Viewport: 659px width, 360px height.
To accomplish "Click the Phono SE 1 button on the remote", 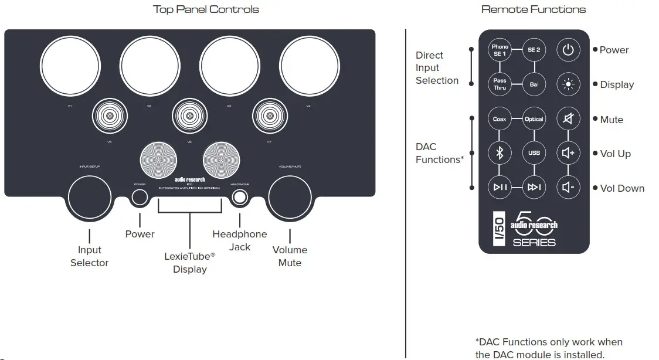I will pyautogui.click(x=500, y=50).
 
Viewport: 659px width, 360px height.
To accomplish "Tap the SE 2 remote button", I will pyautogui.click(x=534, y=50).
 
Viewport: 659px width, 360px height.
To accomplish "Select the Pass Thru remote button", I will pyautogui.click(x=500, y=84).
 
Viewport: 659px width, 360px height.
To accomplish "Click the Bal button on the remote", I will pyautogui.click(x=534, y=84).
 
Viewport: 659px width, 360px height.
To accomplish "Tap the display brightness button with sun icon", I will pyautogui.click(x=568, y=84).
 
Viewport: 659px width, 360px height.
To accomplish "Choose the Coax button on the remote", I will pyautogui.click(x=500, y=119).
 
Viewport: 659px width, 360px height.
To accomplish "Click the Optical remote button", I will pyautogui.click(x=534, y=119).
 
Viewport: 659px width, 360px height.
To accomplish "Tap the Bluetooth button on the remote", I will pyautogui.click(x=500, y=153).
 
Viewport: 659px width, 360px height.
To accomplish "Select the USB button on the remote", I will pyautogui.click(x=534, y=153).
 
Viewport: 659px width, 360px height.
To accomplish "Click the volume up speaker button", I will pyautogui.click(x=568, y=153).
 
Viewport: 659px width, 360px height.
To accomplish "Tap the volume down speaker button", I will pyautogui.click(x=568, y=188).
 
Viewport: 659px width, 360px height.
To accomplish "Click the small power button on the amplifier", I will pyautogui.click(x=140, y=198).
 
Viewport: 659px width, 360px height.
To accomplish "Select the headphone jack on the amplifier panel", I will pyautogui.click(x=239, y=198).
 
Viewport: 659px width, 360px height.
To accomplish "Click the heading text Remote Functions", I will pyautogui.click(x=533, y=9).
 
